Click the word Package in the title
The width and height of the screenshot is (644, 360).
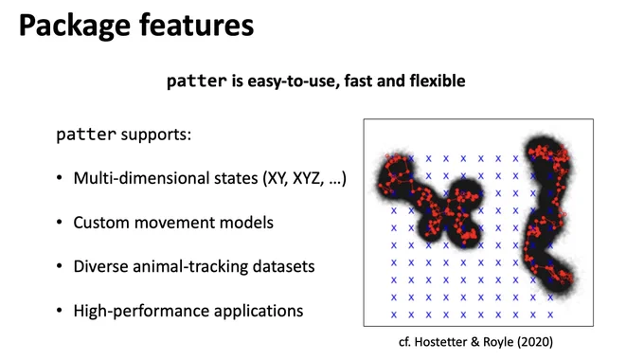(x=75, y=27)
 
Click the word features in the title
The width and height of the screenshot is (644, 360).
(x=197, y=25)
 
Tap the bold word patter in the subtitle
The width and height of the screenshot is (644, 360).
(x=197, y=81)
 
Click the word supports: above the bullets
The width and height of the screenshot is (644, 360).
(x=156, y=135)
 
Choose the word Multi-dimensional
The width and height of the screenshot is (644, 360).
(x=166, y=178)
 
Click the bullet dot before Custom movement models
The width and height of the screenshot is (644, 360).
(x=60, y=222)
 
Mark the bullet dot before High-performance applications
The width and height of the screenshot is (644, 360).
(x=60, y=311)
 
